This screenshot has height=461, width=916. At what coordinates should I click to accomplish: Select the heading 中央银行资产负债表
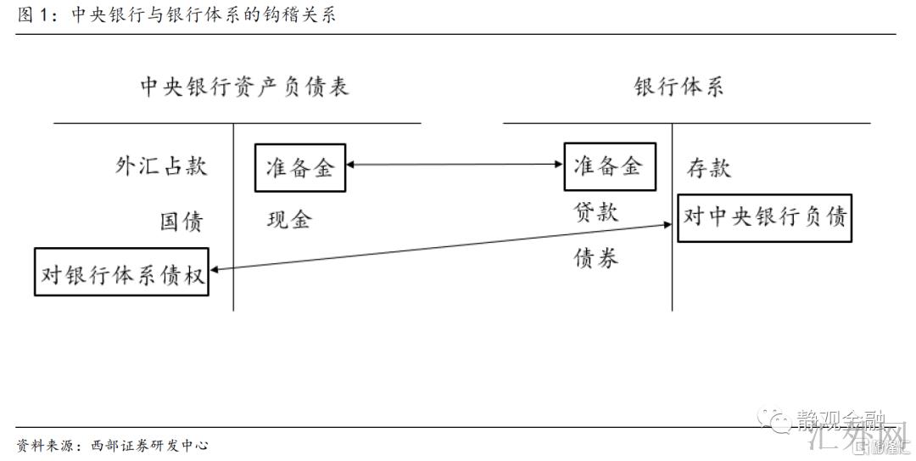coord(244,87)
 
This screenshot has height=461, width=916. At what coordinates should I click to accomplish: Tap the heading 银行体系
coord(679,87)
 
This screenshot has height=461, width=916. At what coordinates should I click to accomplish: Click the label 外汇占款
coord(161,166)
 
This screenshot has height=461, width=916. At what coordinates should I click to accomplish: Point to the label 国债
coord(182,222)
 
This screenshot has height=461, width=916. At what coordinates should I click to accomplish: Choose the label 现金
coord(289,221)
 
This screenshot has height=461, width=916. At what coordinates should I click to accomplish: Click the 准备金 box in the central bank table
coord(300,167)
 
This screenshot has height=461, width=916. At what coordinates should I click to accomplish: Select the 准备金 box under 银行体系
coord(607,166)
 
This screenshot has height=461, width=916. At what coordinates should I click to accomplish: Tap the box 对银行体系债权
coord(121,272)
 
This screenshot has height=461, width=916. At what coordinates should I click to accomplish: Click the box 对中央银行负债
coord(765,217)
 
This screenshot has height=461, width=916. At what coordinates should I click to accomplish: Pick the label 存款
coord(709,168)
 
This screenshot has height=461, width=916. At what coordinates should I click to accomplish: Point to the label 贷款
coord(596,212)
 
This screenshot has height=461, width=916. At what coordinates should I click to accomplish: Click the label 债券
coord(596,258)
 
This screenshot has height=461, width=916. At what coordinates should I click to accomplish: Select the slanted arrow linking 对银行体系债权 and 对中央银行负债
coord(441,247)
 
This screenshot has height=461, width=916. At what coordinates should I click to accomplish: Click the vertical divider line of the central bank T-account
coord(233,216)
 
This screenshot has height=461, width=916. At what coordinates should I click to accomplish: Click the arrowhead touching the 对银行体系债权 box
coord(215,268)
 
